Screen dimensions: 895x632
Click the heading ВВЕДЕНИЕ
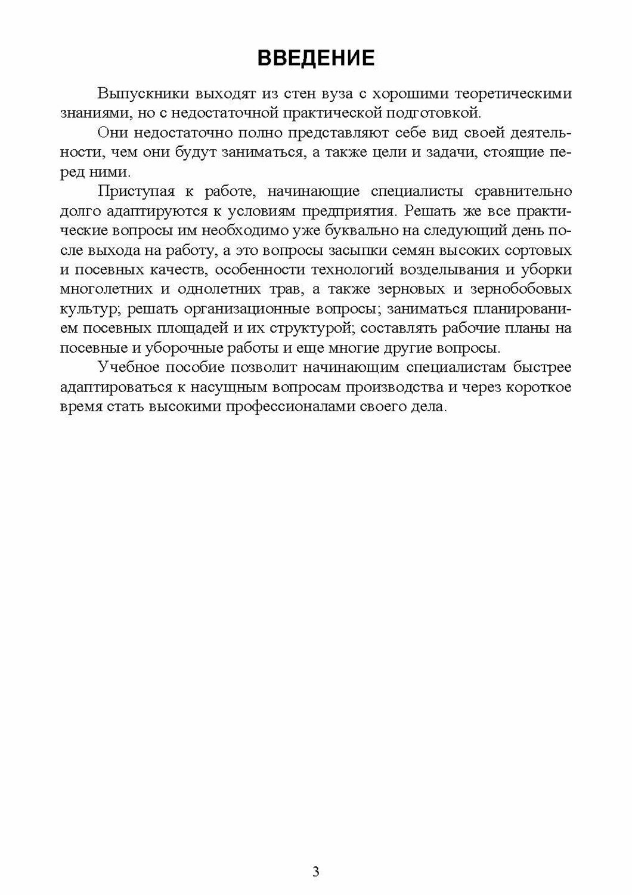click(315, 58)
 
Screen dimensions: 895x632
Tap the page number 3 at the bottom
click(315, 872)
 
